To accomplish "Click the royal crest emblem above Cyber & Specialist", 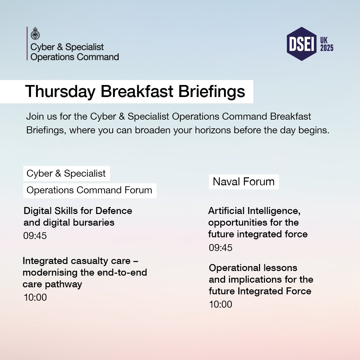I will coord(35,33).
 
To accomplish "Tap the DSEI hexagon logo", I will coord(302,44).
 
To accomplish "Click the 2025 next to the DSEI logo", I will coord(327,48).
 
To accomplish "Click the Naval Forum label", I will coord(244,182).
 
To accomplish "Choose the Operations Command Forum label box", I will coord(89,190).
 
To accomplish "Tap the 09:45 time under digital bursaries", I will coord(35,236).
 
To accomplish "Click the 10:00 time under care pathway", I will coord(35,297).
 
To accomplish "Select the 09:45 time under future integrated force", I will coord(221,248).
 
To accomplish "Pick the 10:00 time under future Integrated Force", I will coord(221,304).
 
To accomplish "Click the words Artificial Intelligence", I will coord(254,211).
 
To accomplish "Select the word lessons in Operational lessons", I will coord(280,268).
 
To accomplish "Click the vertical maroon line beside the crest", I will coord(27,43).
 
